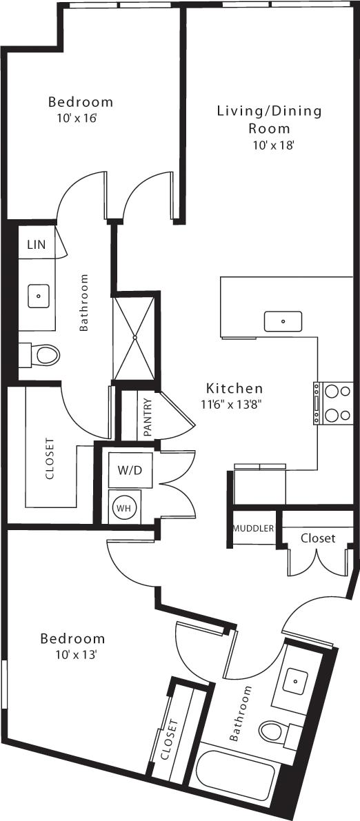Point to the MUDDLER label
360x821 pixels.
(253, 529)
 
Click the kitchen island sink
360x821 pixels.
(283, 321)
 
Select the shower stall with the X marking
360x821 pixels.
(135, 336)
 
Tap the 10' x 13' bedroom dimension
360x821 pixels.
(72, 655)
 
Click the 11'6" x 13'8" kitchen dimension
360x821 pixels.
(231, 405)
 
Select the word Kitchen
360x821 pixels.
(235, 388)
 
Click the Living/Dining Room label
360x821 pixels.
(270, 119)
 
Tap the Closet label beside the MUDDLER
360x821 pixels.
(318, 538)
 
